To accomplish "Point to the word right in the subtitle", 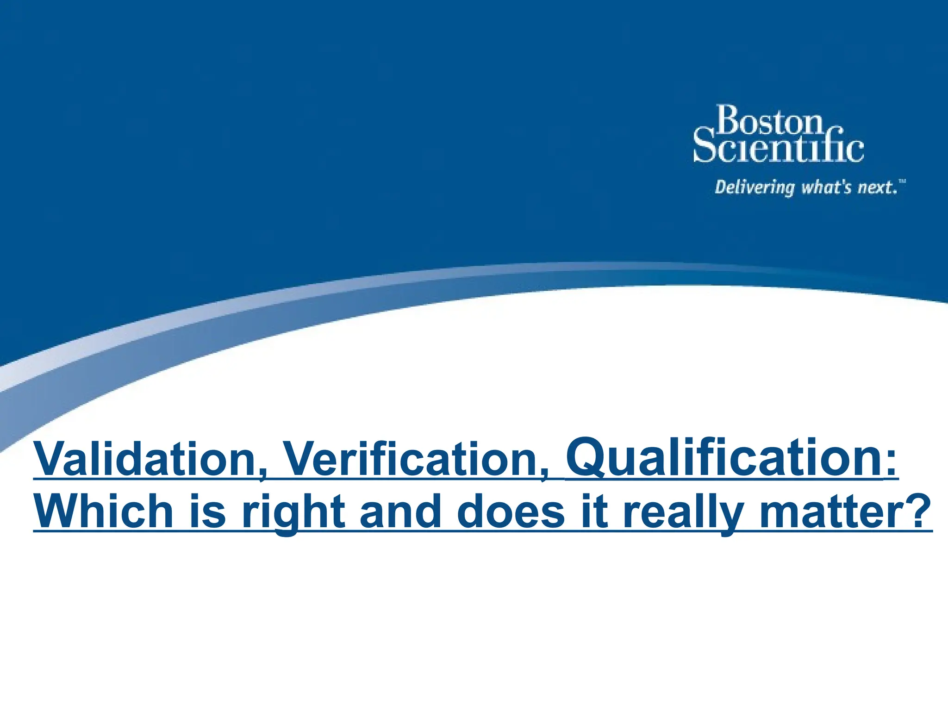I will tap(293, 512).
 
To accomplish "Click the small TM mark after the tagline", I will tap(902, 181).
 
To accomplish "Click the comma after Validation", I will tap(263, 474).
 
